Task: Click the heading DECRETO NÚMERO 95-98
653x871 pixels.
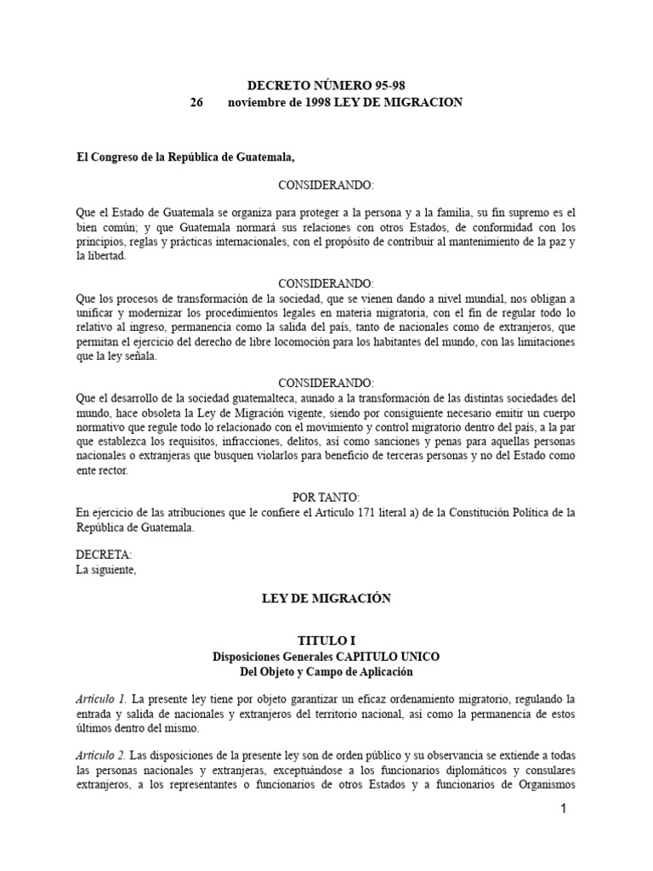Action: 326,85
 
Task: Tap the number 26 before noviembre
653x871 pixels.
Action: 197,102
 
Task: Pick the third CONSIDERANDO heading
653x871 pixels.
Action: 326,384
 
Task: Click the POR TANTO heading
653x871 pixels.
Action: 326,497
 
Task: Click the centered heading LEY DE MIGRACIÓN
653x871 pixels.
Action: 326,599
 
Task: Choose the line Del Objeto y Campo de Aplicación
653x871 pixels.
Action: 326,672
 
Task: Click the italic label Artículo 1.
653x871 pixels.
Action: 101,698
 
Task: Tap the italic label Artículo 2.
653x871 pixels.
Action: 101,756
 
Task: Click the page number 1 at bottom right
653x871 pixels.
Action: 562,810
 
